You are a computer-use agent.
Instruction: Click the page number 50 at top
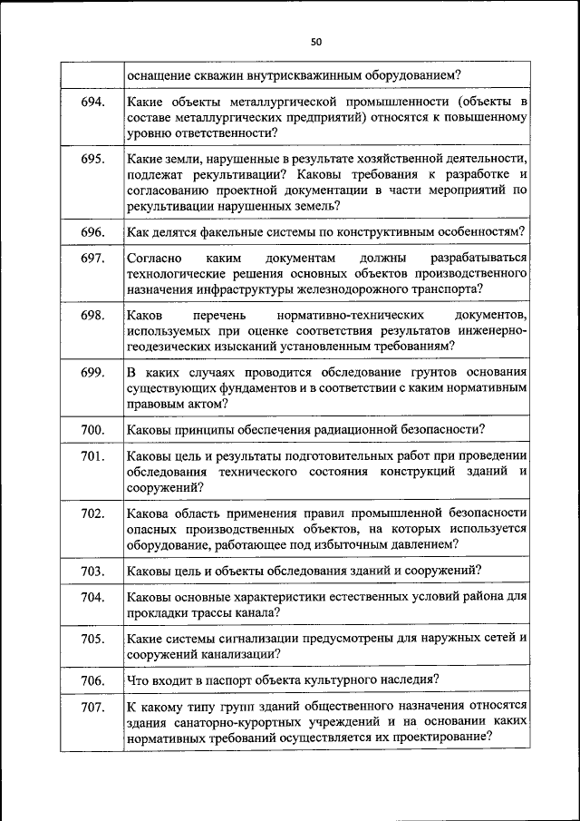tap(315, 42)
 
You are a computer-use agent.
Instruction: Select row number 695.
tap(92, 159)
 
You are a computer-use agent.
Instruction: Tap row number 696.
tap(92, 232)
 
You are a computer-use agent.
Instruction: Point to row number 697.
tap(92, 259)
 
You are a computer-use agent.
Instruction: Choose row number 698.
tap(92, 316)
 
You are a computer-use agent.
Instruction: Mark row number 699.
tap(92, 373)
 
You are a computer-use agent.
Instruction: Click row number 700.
tap(92, 430)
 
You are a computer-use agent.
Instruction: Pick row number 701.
tap(92, 456)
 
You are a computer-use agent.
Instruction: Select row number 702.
tap(92, 513)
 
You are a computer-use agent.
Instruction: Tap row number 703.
tap(92, 571)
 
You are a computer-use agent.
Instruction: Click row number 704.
tap(92, 597)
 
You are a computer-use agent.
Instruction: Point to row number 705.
tap(92, 639)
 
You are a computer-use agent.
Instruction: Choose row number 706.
tap(92, 680)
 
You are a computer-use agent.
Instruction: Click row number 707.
tap(92, 707)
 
